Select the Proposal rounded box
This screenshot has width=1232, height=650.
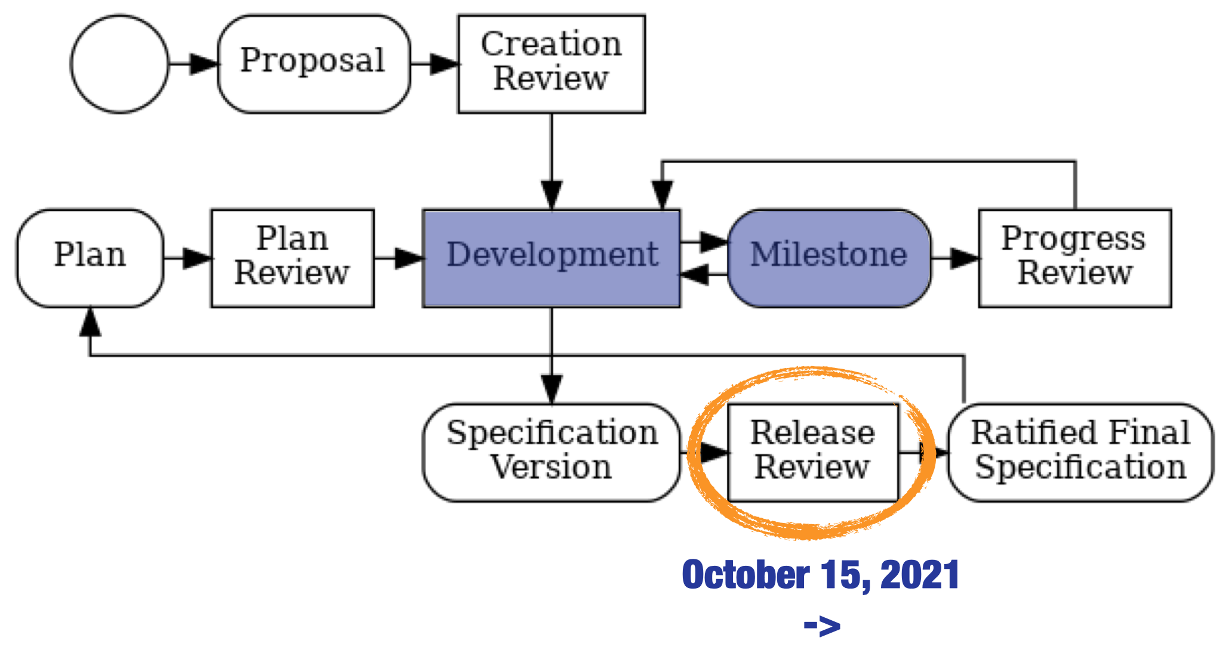314,64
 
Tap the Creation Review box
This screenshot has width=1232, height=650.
552,64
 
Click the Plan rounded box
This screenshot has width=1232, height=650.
90,258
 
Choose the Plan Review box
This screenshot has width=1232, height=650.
292,258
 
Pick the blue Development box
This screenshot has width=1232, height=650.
552,258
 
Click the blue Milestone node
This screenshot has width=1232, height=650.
829,258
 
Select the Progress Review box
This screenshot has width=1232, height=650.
1075,258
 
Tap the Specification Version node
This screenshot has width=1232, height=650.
552,453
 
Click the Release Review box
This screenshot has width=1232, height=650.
813,453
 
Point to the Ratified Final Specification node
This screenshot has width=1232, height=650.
1080,453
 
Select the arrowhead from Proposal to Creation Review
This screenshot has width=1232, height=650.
444,64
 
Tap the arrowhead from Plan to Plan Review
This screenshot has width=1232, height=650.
198,258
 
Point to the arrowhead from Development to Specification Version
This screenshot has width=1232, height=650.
552,389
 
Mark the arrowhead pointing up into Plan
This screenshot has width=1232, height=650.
90,322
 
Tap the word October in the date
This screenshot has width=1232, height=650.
746,575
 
